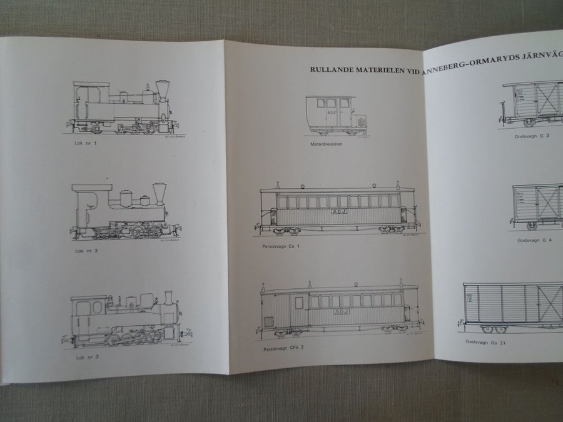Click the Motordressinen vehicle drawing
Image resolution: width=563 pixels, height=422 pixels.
(x=330, y=113)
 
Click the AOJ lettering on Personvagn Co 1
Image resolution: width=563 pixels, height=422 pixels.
(x=337, y=213)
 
